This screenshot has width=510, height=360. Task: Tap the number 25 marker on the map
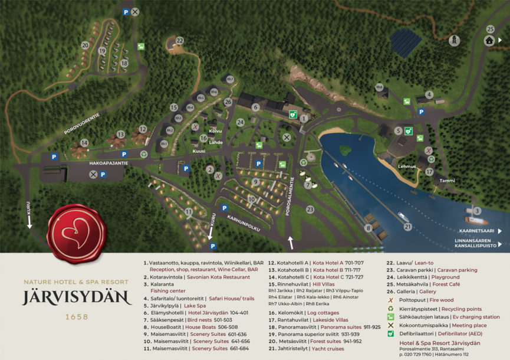click(490, 29)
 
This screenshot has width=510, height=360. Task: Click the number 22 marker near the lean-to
click(179, 41)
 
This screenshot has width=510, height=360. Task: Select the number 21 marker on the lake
click(407, 226)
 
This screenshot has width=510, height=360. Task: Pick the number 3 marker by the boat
click(478, 211)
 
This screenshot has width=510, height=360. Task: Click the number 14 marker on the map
click(84, 142)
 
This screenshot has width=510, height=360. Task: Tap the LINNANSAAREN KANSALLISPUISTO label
click(476, 243)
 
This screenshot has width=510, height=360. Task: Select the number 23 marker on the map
click(310, 208)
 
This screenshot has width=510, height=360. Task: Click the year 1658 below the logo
click(77, 317)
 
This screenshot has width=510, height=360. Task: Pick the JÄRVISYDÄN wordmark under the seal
click(77, 297)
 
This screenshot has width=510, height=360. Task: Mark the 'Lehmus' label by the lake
click(407, 166)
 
